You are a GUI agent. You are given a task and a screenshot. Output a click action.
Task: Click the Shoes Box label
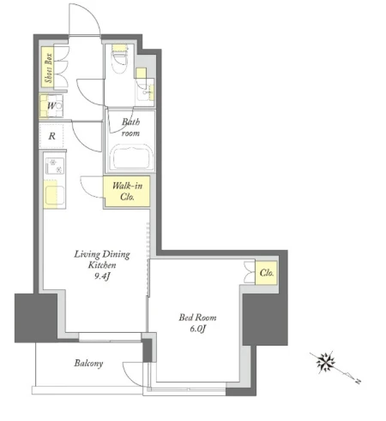(x=49, y=68)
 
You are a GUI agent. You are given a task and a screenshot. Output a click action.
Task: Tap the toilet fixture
(x=119, y=59)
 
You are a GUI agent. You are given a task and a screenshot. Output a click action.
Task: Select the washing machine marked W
(x=51, y=106)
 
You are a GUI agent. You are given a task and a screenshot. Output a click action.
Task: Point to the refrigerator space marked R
(x=51, y=136)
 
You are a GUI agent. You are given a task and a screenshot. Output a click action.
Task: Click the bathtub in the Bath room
(x=130, y=157)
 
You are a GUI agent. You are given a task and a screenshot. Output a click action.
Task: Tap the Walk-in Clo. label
(x=127, y=192)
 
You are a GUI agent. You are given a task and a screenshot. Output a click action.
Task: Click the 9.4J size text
(x=102, y=276)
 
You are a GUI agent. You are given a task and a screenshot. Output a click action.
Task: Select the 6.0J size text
(x=198, y=329)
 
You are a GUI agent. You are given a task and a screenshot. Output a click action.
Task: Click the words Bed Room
(x=197, y=317)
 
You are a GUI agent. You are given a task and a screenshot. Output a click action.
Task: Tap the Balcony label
(x=88, y=363)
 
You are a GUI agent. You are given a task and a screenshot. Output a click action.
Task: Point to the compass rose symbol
(x=325, y=362)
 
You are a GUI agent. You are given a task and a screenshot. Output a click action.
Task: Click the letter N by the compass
(x=358, y=381)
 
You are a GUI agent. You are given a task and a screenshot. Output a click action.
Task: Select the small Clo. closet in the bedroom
(x=266, y=273)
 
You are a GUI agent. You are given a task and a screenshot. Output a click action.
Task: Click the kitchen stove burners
(x=55, y=166)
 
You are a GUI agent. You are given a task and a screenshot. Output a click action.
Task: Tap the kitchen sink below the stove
(x=54, y=195)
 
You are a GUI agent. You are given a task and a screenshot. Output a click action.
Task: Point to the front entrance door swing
(x=85, y=20)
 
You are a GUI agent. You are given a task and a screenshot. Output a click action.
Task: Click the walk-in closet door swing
(x=92, y=187)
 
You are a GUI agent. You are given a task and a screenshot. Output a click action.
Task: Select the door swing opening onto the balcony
(x=133, y=375)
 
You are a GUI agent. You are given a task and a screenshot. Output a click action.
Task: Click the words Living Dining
(x=102, y=254)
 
